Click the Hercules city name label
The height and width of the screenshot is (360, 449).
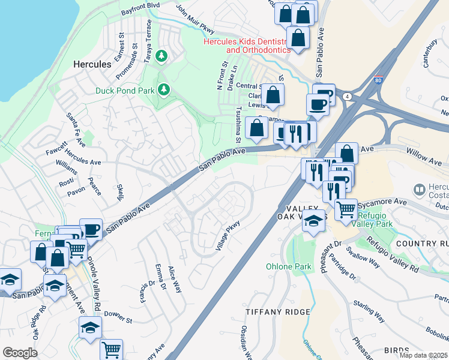coord(92,64)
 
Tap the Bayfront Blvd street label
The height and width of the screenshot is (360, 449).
coord(140,11)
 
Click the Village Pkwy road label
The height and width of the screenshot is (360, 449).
coord(228,235)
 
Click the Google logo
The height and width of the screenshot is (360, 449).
coord(20,353)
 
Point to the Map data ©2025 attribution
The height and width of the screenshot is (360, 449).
coord(423,355)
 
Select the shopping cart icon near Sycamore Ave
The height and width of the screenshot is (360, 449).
coord(346,209)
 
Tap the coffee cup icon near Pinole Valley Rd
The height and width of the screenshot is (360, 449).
coord(91,229)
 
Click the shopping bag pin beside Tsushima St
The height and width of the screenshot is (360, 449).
coord(257,128)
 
